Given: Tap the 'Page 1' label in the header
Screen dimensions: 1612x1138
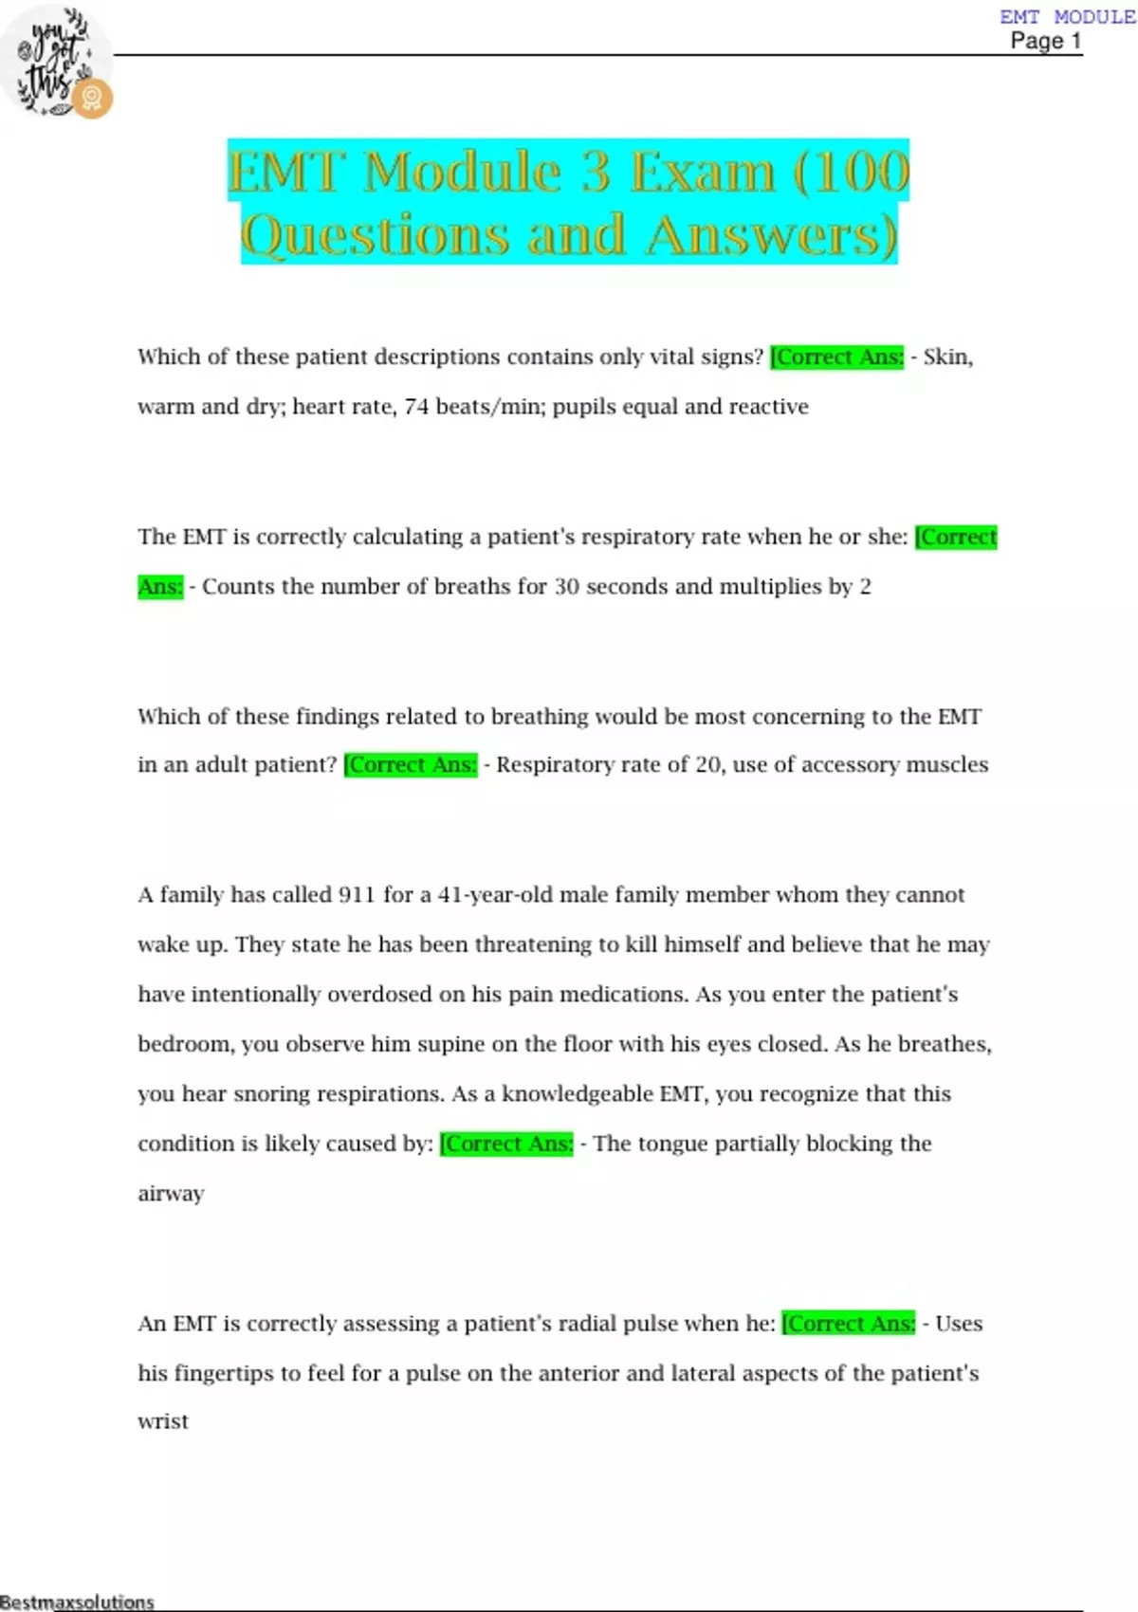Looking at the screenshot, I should tap(1045, 41).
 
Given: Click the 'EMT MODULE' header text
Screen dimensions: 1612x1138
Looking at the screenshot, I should tap(1067, 17).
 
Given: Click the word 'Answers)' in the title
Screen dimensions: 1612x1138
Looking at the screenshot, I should tap(771, 236).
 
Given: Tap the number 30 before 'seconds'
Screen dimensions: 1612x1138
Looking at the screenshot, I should tap(567, 587).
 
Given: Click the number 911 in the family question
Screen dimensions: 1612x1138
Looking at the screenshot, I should tap(357, 895).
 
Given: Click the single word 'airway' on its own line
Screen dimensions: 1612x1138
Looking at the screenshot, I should tap(171, 1194).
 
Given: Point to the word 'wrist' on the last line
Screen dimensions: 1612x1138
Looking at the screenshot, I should tap(163, 1421).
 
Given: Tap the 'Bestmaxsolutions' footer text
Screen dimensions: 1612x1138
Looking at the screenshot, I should tap(78, 1603).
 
